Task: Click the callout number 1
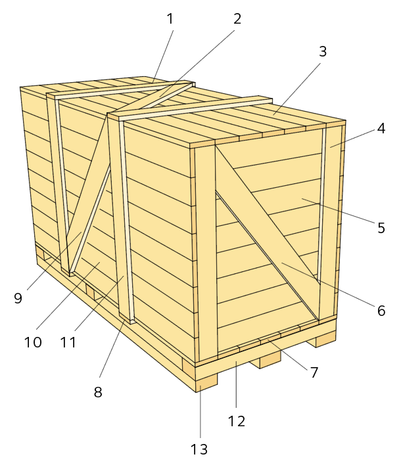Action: pos(170,19)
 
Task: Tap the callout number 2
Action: pos(237,19)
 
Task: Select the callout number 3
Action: pos(323,51)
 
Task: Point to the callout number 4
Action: pos(381,129)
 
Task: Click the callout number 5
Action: pos(381,228)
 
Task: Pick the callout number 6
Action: pos(381,311)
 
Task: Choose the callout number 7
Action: pos(314,372)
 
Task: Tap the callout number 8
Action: pos(98,392)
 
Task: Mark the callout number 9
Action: pos(18,298)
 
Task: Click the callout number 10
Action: pos(33,343)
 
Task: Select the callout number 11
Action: pos(68,343)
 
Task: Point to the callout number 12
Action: pos(237,422)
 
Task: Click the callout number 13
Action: pos(199,449)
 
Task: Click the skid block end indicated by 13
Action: pos(206,383)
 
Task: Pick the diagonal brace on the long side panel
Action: pos(89,193)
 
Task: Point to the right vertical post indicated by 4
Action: pos(330,221)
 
